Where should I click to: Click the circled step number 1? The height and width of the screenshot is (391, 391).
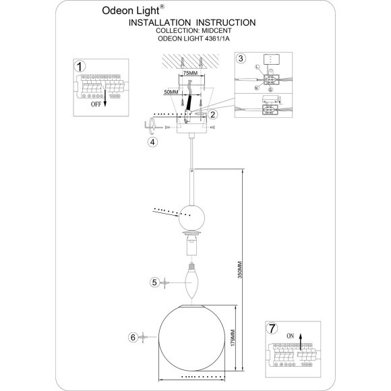tap(80, 67)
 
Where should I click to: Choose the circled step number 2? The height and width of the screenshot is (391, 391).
tap(212, 115)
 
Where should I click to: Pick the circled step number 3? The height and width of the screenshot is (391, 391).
tap(241, 59)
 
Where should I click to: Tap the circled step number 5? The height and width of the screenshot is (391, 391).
tap(154, 283)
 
